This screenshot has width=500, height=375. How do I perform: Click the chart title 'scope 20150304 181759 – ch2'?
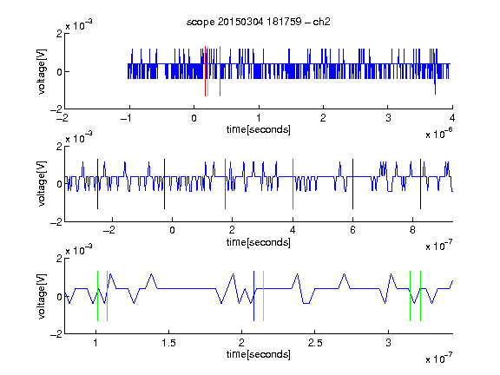coord(259,22)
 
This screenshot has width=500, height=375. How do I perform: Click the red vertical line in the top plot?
coord(205,71)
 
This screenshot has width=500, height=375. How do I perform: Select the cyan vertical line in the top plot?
coord(207,71)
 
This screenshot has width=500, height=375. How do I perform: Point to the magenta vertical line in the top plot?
coord(220,71)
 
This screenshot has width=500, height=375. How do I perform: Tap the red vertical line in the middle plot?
coord(225,184)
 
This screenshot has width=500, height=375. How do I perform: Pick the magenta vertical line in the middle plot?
coord(293,184)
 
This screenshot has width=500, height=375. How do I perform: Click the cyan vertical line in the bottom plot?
coord(263,296)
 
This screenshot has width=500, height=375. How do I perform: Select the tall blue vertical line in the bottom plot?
coord(253,296)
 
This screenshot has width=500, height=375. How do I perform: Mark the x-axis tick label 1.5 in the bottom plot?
coord(168,343)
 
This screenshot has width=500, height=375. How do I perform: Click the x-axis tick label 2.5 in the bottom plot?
coord(315,343)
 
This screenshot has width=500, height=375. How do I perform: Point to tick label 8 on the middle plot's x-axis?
coord(412,230)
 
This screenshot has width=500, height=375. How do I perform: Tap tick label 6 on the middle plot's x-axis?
coord(352,230)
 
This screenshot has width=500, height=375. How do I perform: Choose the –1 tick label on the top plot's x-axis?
coord(126,118)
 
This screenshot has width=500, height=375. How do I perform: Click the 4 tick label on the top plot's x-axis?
coord(452,118)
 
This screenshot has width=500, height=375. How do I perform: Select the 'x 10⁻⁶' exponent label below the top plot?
coord(439,134)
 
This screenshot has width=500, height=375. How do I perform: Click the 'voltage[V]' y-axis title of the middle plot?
coord(42,184)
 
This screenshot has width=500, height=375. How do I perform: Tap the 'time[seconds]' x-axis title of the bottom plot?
coord(259,354)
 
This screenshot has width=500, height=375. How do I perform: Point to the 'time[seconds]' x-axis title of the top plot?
coord(259,129)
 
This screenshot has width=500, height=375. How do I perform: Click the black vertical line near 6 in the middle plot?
coord(352,184)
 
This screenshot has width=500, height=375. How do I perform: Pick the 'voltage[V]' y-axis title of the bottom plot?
coord(42,296)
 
